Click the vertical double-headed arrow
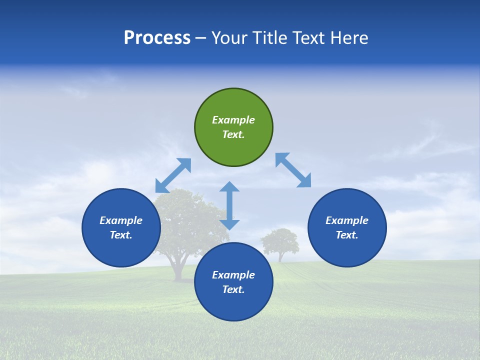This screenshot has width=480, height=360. [x=229, y=205]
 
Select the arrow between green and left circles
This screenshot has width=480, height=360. [x=173, y=175]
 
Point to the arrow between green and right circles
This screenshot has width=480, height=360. [x=293, y=170]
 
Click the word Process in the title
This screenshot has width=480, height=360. [x=157, y=38]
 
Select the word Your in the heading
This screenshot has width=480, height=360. [x=229, y=38]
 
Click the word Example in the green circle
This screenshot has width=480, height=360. [x=233, y=120]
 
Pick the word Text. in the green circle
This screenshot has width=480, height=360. [x=233, y=134]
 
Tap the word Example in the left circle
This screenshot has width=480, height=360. [x=121, y=220]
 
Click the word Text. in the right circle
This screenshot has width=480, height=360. [x=347, y=235]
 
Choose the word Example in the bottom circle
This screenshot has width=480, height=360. [x=233, y=275]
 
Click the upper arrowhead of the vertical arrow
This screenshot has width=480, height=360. [x=229, y=187]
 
